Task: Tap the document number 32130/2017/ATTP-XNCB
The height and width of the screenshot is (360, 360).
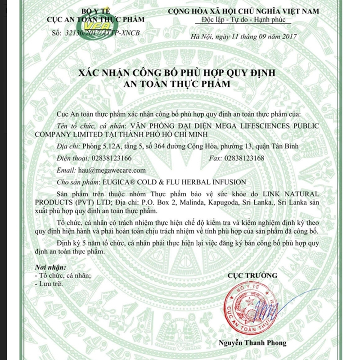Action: [x=103, y=33]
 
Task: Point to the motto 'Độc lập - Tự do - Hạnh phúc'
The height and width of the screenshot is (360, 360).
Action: [x=243, y=20]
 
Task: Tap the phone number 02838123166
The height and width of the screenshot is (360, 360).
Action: [x=112, y=158]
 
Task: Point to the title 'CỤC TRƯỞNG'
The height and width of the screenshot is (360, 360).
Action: [x=252, y=275]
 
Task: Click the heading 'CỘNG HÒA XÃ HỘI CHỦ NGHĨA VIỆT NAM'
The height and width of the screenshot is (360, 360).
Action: [x=243, y=11]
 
